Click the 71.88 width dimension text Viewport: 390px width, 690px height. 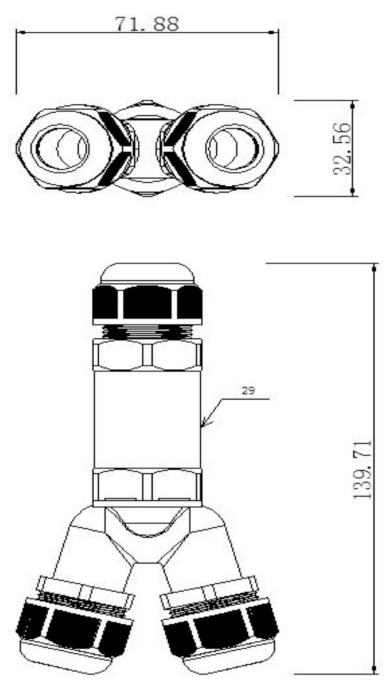click(147, 24)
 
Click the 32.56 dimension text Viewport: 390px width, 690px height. click(342, 148)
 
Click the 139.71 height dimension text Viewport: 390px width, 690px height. click(362, 469)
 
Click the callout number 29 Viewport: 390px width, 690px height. click(248, 391)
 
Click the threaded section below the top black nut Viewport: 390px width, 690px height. click(147, 332)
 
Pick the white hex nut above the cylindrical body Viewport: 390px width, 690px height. click(147, 355)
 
